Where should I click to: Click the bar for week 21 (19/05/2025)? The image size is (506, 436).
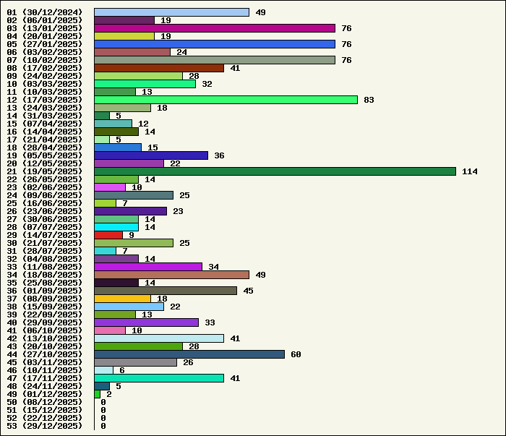click(275, 171)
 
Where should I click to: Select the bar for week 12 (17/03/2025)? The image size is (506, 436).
click(226, 100)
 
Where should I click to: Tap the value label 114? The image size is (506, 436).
click(470, 171)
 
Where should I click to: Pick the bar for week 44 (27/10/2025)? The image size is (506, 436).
click(189, 354)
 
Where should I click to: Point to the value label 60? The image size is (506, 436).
click(296, 354)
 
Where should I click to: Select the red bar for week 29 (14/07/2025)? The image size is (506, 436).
click(108, 235)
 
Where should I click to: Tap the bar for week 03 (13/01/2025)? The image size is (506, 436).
click(215, 28)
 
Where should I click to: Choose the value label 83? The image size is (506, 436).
click(369, 100)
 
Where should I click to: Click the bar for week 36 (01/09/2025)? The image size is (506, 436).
click(166, 291)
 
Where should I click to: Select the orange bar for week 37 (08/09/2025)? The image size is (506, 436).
click(122, 299)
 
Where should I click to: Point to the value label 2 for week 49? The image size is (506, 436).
click(109, 394)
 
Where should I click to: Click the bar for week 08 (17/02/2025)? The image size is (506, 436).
click(159, 68)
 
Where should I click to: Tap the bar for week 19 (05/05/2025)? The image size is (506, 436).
click(151, 155)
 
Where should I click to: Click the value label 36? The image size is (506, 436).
click(219, 155)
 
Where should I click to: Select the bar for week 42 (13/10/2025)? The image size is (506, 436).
click(159, 338)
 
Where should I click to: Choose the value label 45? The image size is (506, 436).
click(248, 291)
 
